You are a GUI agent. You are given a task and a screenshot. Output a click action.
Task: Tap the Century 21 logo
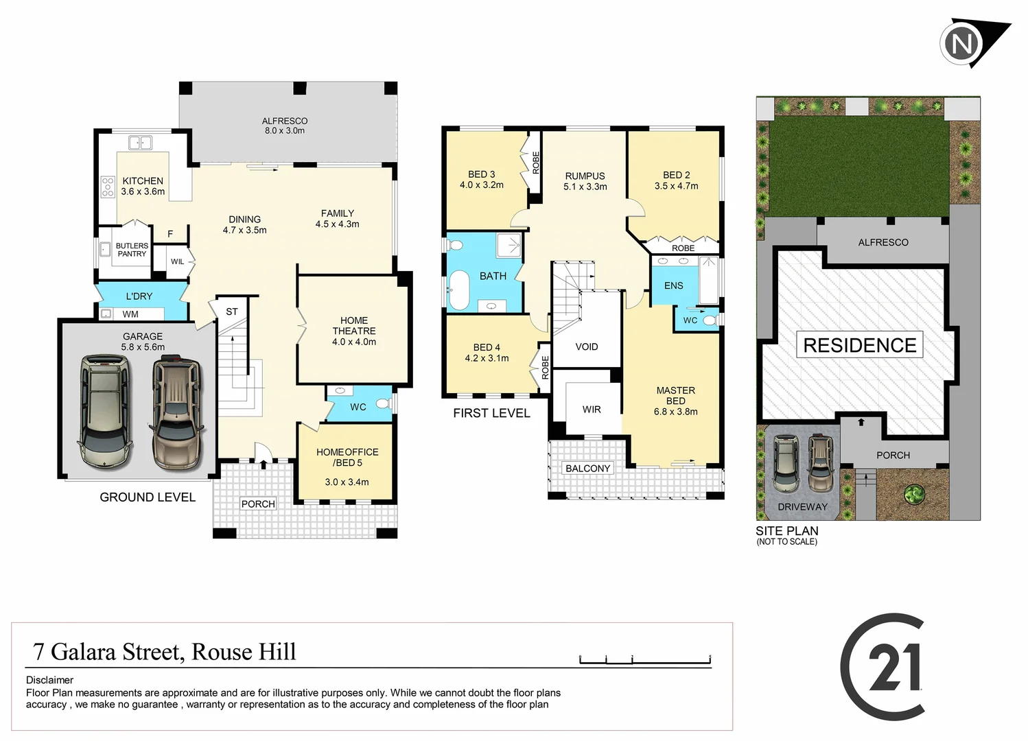click(x=884, y=666)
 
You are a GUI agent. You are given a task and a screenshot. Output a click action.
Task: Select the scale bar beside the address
click(x=644, y=660)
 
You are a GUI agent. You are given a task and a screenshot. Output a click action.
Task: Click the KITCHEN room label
click(x=143, y=181)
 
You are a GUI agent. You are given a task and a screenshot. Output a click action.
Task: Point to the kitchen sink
click(x=140, y=143)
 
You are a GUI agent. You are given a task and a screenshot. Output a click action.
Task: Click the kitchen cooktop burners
click(x=108, y=187)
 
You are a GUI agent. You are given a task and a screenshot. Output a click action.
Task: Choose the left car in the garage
click(x=105, y=411)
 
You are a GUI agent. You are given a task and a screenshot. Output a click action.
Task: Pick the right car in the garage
click(x=177, y=412)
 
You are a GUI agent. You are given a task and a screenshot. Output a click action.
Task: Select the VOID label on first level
click(x=587, y=346)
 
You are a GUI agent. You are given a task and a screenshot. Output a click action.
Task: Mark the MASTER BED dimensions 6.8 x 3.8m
click(x=676, y=412)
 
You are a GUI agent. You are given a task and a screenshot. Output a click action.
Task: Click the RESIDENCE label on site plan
click(x=859, y=345)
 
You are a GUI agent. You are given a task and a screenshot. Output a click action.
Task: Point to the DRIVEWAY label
click(x=802, y=507)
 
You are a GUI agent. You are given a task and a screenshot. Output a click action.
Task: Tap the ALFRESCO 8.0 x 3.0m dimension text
click(x=285, y=130)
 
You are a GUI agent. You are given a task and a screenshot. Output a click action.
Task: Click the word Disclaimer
click(x=49, y=680)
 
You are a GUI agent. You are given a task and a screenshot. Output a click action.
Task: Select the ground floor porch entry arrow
click(x=264, y=464)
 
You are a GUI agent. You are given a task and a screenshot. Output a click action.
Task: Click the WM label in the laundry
click(x=130, y=314)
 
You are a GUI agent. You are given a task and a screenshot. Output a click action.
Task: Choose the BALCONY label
click(x=587, y=468)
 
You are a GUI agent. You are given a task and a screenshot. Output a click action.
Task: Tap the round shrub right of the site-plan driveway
click(x=913, y=493)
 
